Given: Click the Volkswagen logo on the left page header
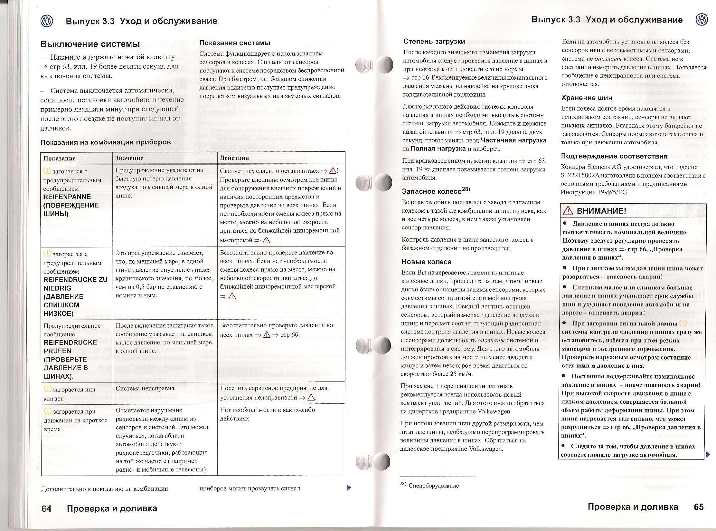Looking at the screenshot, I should tap(47, 21).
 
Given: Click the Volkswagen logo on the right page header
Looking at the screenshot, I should tap(702, 20).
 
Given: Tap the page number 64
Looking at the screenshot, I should tap(46, 508).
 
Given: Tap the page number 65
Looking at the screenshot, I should tap(699, 507).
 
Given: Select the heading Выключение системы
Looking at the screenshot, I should tap(90, 44).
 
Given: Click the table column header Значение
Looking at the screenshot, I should tap(129, 158).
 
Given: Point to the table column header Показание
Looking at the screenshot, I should tap(59, 158).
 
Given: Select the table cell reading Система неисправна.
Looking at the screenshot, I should tap(146, 389).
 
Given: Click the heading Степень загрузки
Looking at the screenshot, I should tap(434, 42).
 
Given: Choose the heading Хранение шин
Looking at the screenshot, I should tap(587, 98).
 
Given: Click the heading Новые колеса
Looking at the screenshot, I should tap(426, 262).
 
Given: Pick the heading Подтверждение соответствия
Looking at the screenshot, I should tap(610, 156).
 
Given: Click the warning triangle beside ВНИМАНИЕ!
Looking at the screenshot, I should tap(568, 211).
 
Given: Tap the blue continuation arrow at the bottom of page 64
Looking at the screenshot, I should tap(348, 488).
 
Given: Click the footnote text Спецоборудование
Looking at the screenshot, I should tap(433, 486).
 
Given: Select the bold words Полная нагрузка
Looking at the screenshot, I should tap(438, 149).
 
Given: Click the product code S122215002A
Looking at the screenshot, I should tap(583, 176).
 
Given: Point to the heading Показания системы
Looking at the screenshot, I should tap(235, 43).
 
